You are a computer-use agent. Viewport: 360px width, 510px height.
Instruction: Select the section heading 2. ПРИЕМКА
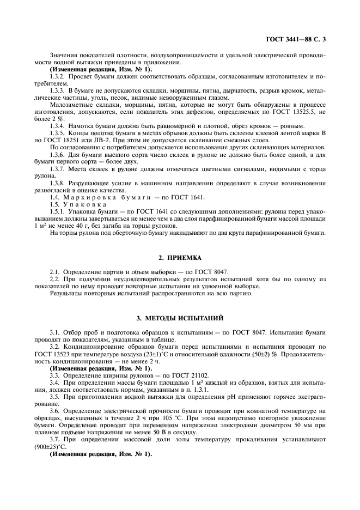tap(179, 256)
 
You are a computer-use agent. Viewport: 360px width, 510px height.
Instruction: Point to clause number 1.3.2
tap(58, 77)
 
